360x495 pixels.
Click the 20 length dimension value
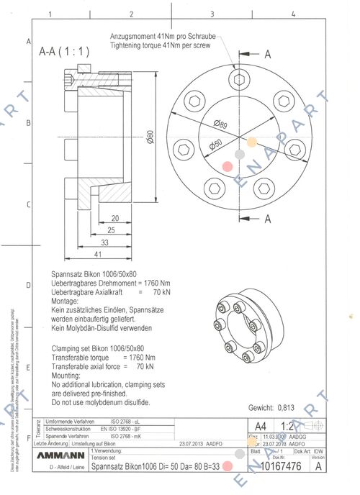coord(114,219)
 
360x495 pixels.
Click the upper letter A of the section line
coord(267,54)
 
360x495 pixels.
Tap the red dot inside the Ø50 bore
coord(228,165)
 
